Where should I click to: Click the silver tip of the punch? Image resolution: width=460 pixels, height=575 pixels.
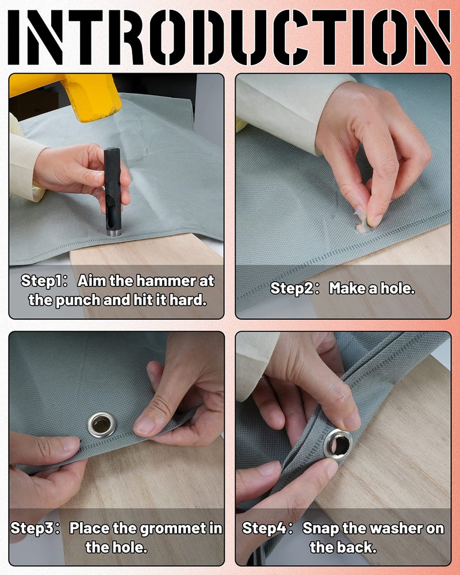click(x=112, y=232)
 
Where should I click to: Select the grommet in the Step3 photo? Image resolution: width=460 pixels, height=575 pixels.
click(x=102, y=425)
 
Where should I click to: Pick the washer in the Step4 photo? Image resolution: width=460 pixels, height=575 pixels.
click(x=338, y=444)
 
